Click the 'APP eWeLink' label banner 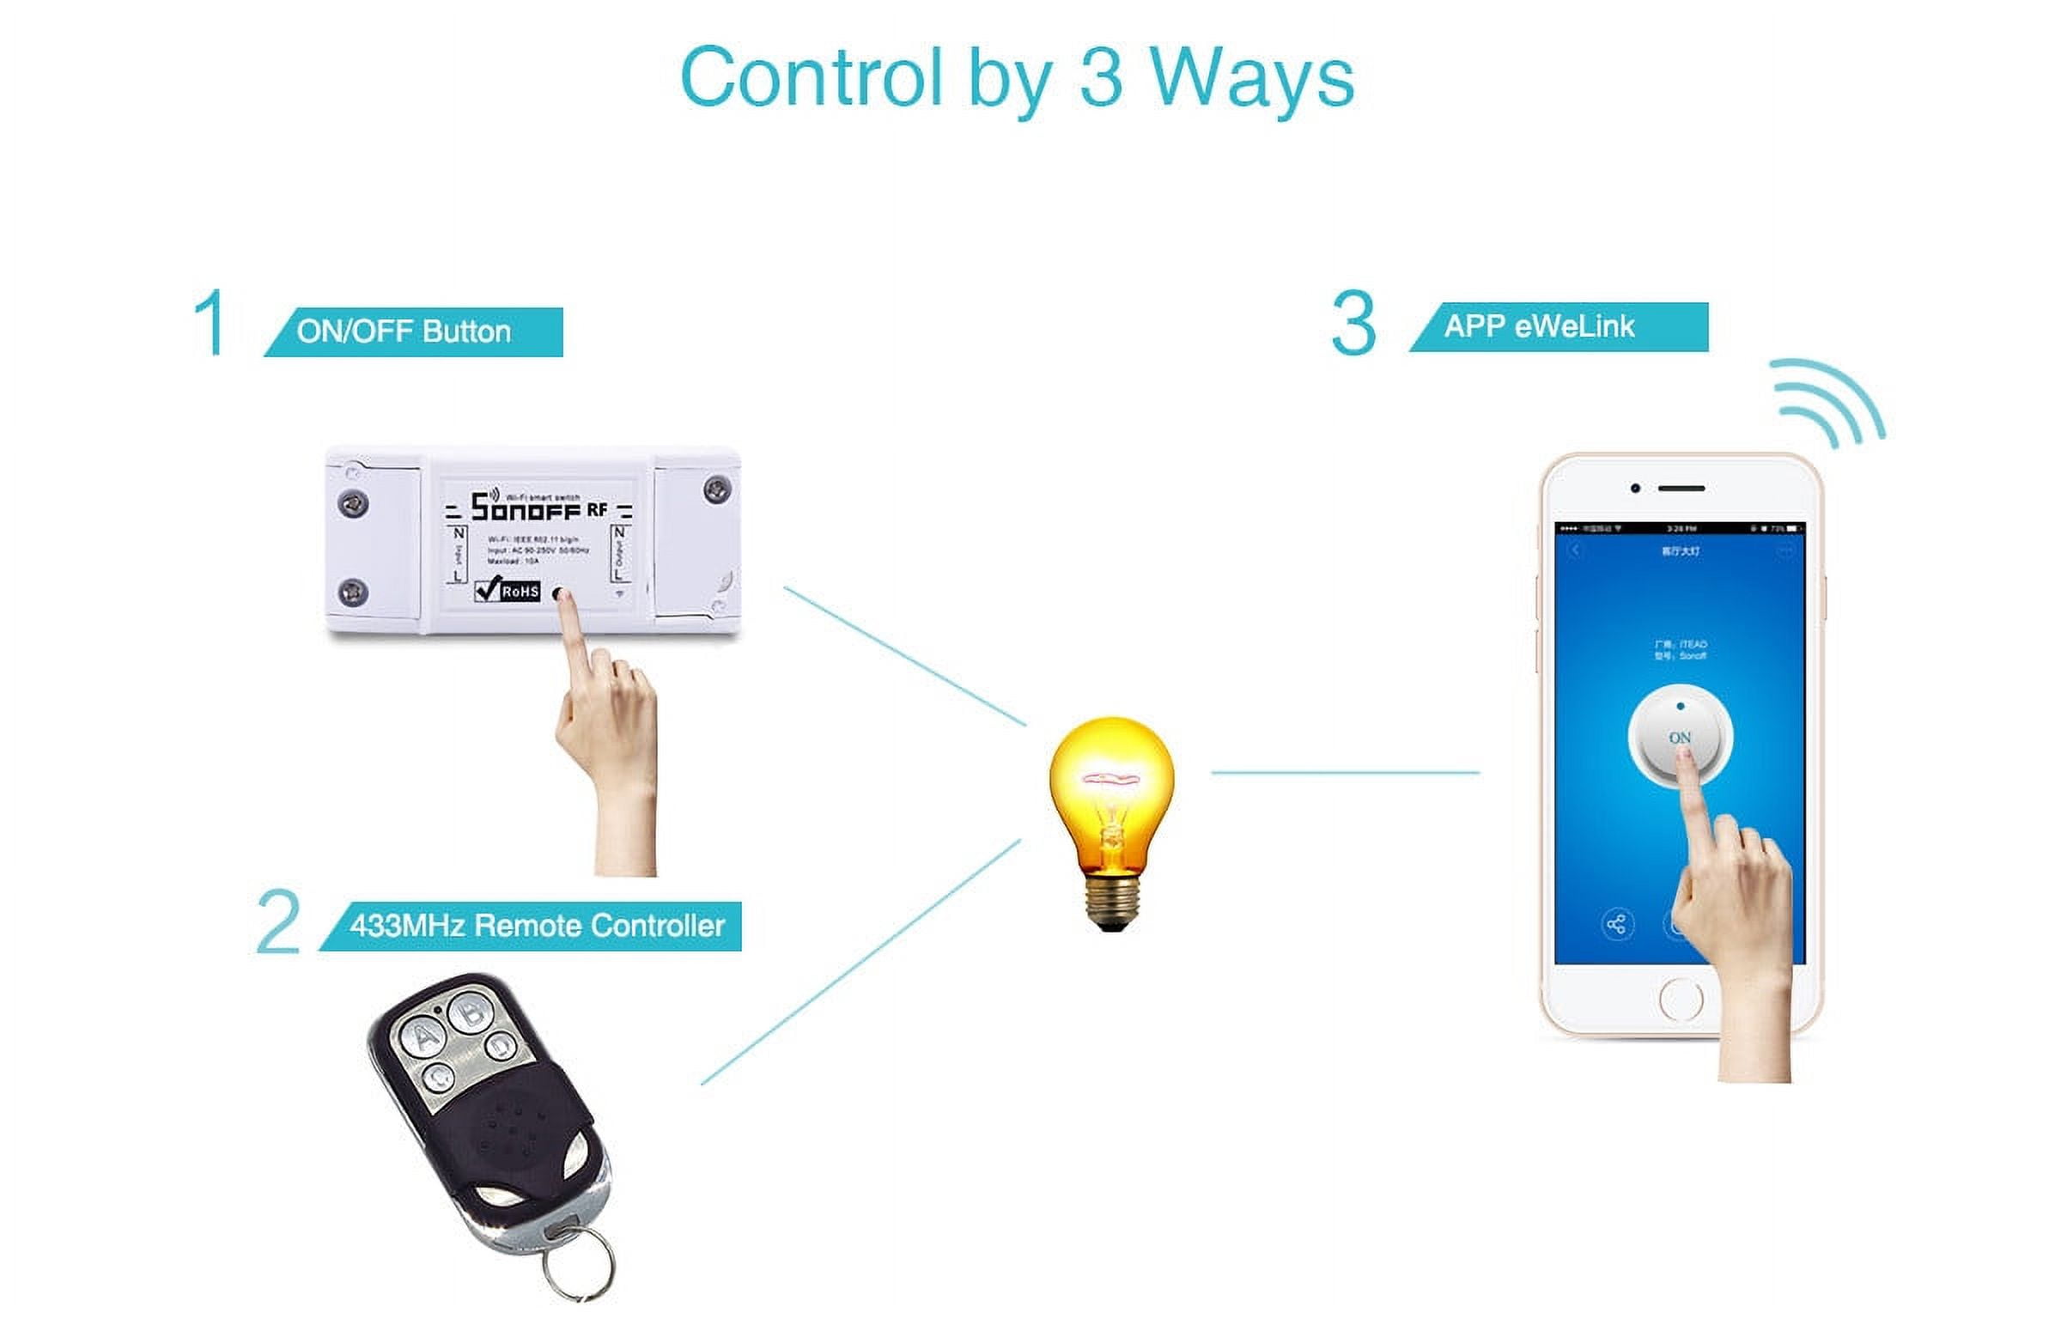1559,327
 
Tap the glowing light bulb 1111,790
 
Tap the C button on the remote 440,1077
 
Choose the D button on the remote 501,1046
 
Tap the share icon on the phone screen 1617,925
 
